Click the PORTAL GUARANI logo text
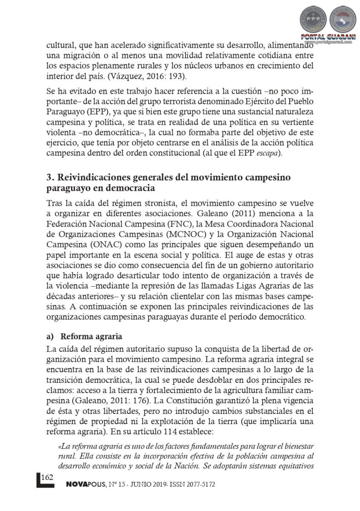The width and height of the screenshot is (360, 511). pyautogui.click(x=327, y=37)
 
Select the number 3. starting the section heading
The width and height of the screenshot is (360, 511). pyautogui.click(x=51, y=177)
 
